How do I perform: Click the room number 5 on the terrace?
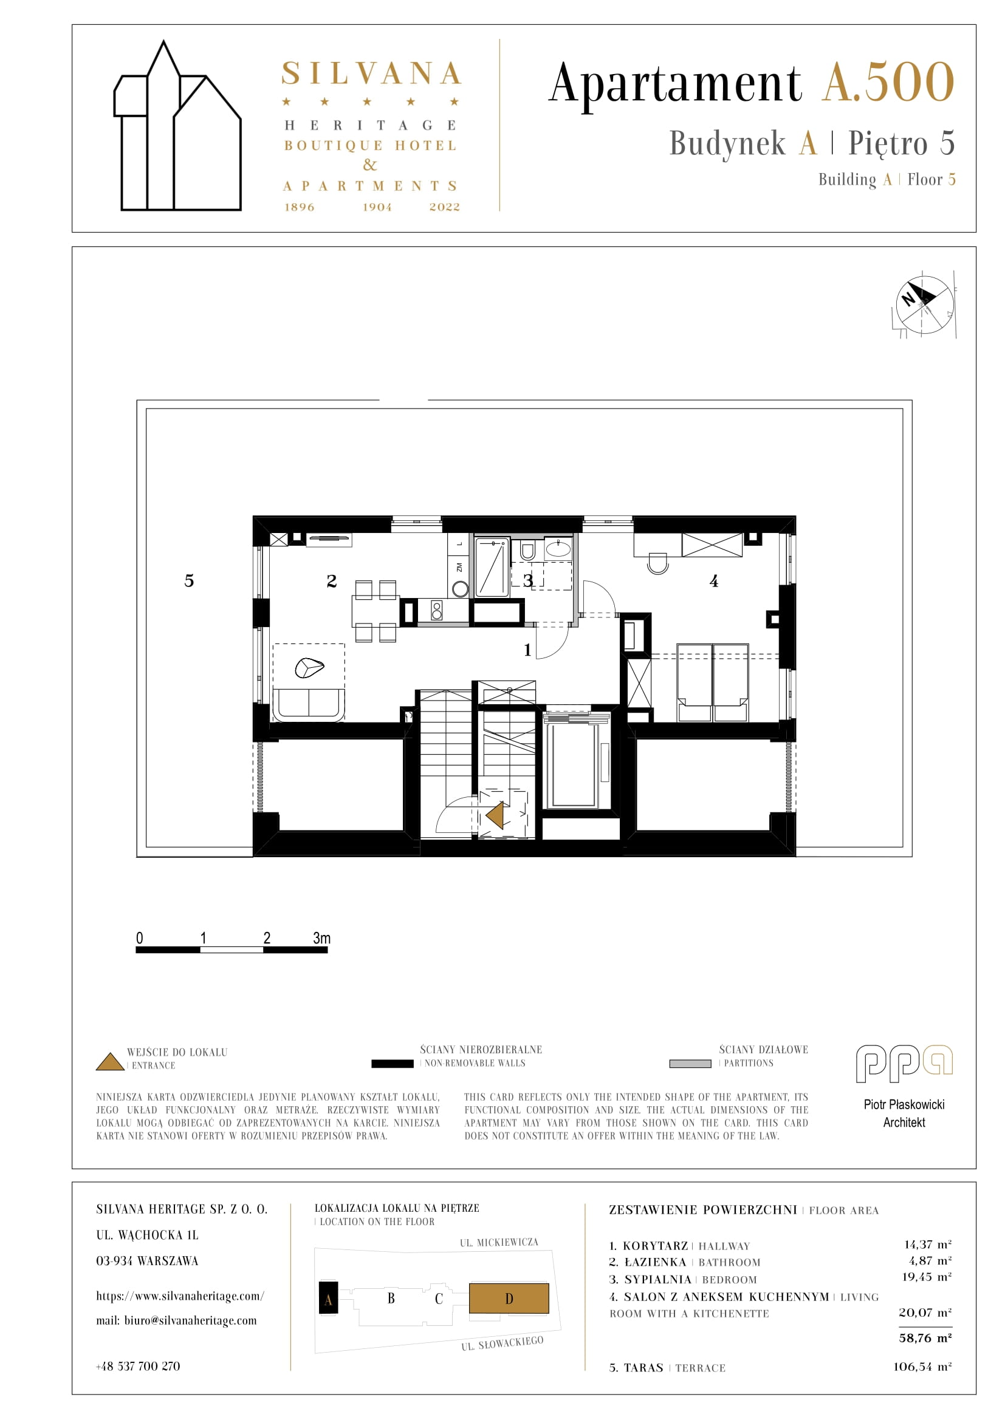(189, 581)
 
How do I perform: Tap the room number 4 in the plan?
(713, 581)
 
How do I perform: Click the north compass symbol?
(924, 305)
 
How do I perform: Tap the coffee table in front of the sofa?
(309, 667)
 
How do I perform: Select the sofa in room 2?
(308, 705)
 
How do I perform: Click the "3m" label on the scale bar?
(321, 937)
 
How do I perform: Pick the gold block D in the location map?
(509, 1298)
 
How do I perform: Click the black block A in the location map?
(328, 1297)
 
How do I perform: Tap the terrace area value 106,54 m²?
(922, 1367)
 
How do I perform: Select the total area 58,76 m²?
(925, 1338)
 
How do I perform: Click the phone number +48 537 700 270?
(138, 1366)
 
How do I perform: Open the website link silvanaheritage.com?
(180, 1296)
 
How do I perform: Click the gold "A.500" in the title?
(889, 81)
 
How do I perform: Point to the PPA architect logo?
(904, 1064)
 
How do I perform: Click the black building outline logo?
(177, 126)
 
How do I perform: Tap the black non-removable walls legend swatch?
(393, 1064)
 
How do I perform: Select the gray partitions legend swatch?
(690, 1064)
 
